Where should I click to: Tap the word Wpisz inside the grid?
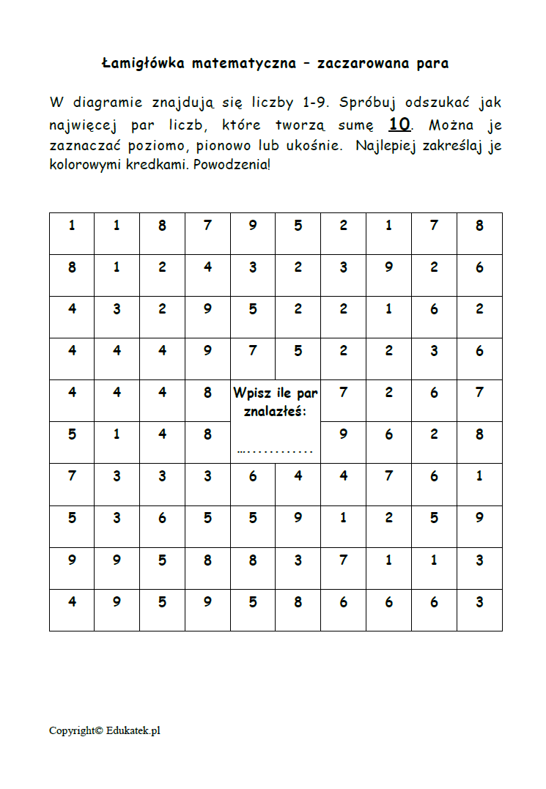pyautogui.click(x=251, y=393)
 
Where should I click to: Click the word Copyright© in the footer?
pyautogui.click(x=75, y=730)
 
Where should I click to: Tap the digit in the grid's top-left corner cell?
pyautogui.click(x=72, y=226)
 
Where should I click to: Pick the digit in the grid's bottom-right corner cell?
pyautogui.click(x=479, y=602)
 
